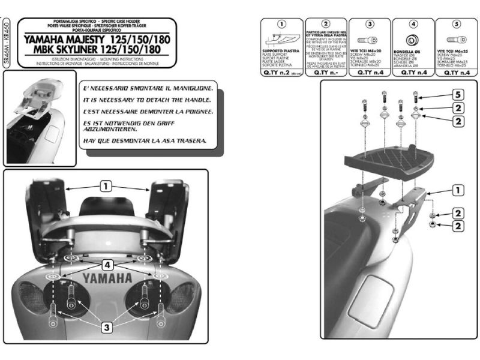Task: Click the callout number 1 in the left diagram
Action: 106,187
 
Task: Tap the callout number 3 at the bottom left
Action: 105,327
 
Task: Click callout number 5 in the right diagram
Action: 457,95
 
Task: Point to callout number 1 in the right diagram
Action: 457,191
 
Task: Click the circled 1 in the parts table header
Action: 279,25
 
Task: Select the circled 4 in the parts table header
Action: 413,25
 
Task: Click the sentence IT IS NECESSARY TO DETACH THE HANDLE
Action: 146,100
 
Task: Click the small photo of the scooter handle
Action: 40,118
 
